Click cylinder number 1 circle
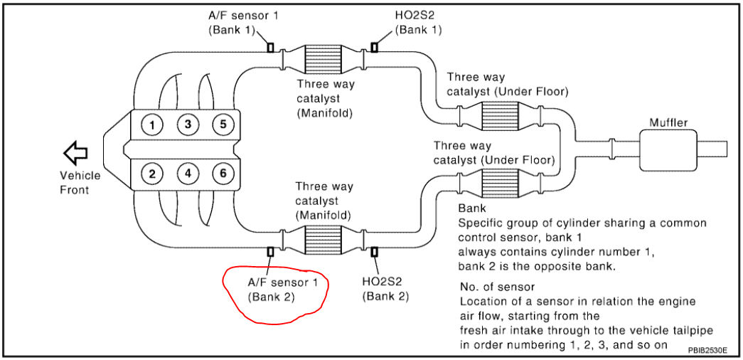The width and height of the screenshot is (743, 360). click(x=152, y=126)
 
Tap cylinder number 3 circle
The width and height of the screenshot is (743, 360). click(x=188, y=126)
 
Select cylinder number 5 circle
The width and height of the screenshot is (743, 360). click(x=223, y=126)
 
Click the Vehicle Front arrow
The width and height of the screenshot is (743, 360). click(x=75, y=152)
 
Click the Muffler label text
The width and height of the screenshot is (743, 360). click(x=668, y=122)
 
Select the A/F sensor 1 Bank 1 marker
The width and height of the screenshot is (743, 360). click(x=271, y=48)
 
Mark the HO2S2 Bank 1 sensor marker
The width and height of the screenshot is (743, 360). click(x=374, y=48)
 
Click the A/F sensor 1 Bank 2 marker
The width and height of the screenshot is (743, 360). click(x=271, y=251)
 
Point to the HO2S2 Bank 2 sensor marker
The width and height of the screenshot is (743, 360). click(x=374, y=251)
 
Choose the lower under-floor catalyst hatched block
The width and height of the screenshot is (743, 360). click(x=502, y=182)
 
